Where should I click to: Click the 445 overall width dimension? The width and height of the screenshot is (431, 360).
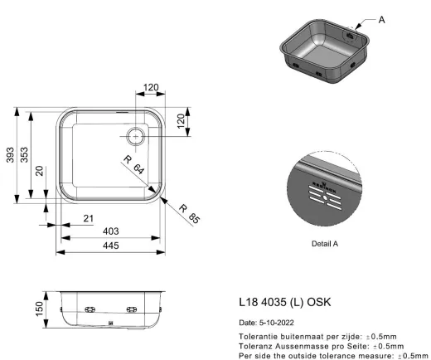pos(111,246)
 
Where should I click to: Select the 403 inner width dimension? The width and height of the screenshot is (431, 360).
pos(111,231)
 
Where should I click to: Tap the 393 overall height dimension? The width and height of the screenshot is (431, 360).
pos(10,155)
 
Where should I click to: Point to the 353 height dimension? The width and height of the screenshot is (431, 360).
pos(24,155)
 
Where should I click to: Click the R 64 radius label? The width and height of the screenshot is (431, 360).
pos(133,165)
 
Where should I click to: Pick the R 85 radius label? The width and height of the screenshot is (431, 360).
pos(189,214)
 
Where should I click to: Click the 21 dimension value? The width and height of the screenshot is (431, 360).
pos(89,219)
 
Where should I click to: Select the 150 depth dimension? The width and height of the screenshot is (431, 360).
pos(40,309)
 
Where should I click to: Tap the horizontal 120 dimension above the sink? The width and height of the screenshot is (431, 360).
pos(151,88)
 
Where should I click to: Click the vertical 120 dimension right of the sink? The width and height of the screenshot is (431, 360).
pos(181,121)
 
